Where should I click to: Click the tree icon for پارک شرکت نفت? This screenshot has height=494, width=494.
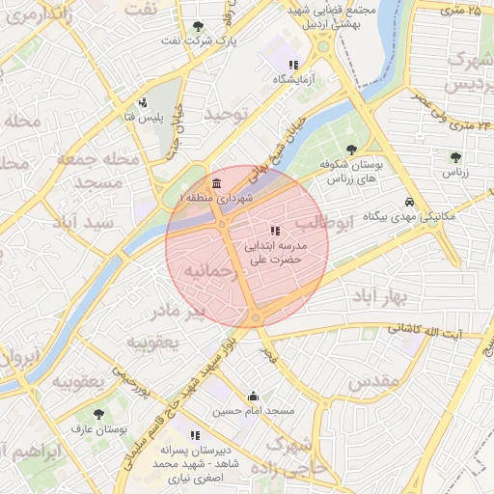pos(198,26)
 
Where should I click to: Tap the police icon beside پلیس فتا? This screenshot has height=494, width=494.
pos(144,102)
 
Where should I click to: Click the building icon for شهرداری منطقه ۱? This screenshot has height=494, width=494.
pos(215,183)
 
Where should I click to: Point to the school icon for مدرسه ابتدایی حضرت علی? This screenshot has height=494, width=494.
pos(276,231)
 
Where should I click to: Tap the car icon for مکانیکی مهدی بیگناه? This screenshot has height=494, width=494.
pos(410,202)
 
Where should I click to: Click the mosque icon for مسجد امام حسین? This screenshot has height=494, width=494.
pos(253,396)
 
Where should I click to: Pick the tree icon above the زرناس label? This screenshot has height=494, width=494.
pos(455,157)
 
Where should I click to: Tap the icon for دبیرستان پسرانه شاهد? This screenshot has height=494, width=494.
pos(196,435)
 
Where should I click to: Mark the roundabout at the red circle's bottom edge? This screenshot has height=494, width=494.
pos(256,317)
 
